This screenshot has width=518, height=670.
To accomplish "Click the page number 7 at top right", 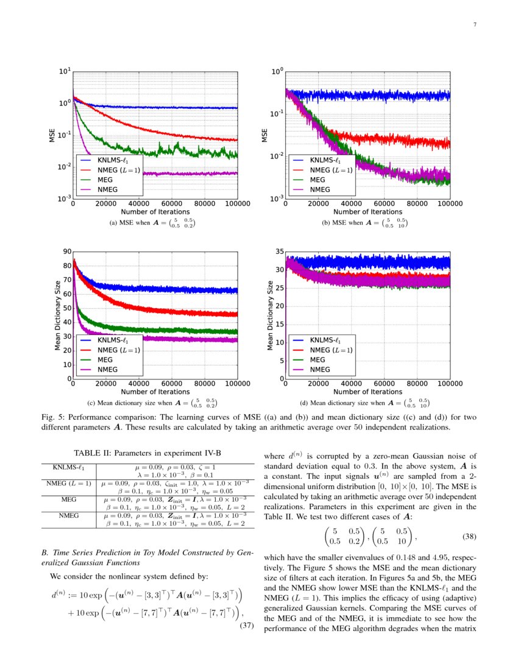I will coord(474,25).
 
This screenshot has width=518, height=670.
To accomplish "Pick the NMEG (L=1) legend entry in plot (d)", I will coord(331,350).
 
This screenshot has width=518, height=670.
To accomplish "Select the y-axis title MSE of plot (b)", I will coord(265,135).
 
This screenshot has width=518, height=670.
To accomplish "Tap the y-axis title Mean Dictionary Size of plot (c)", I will coord(58,315).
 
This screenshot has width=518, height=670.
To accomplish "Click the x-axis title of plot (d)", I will coord(367,392).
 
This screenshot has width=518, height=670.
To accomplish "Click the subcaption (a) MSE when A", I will coord(152,224).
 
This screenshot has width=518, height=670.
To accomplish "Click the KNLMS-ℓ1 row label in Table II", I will coord(65,467).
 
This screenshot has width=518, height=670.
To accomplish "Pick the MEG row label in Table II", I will coord(68,499).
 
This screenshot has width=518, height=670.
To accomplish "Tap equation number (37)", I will coord(244,627).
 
